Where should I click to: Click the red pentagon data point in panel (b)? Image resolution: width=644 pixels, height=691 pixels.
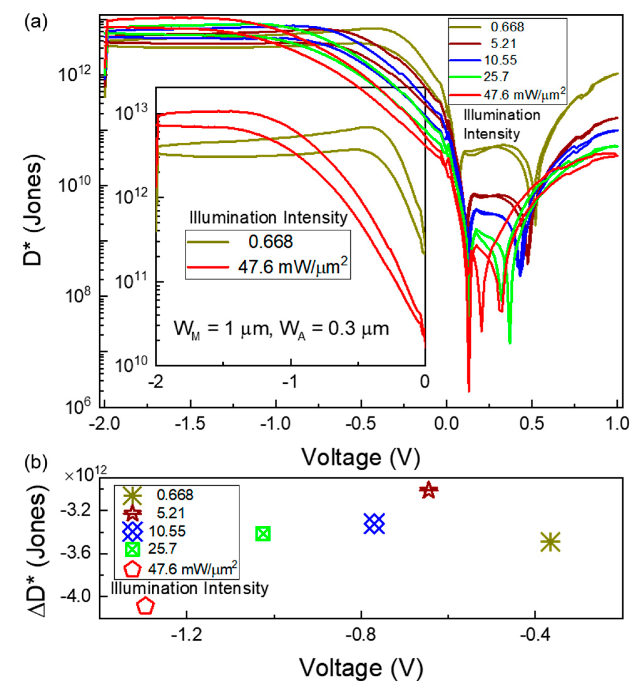click(x=145, y=606)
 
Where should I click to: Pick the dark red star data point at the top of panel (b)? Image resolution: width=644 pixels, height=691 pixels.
click(x=428, y=490)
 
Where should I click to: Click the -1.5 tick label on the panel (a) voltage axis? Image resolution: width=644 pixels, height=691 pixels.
click(x=190, y=424)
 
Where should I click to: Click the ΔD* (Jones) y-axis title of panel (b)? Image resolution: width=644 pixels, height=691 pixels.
click(x=38, y=551)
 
